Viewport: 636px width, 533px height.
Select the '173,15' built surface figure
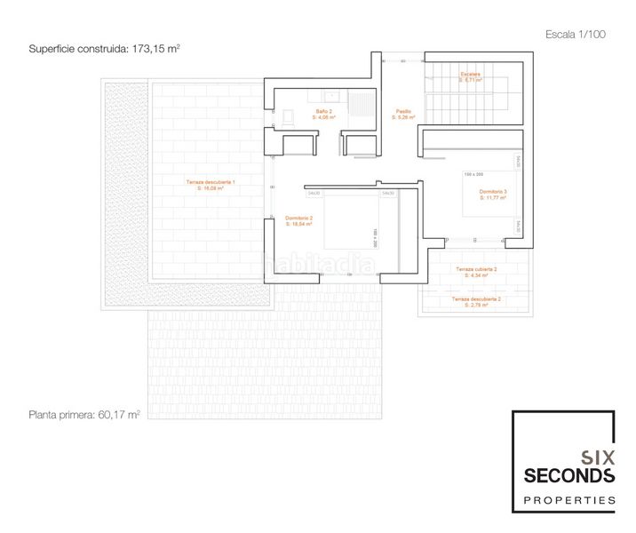click(156, 49)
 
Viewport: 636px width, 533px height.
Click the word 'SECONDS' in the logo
click(568, 476)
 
